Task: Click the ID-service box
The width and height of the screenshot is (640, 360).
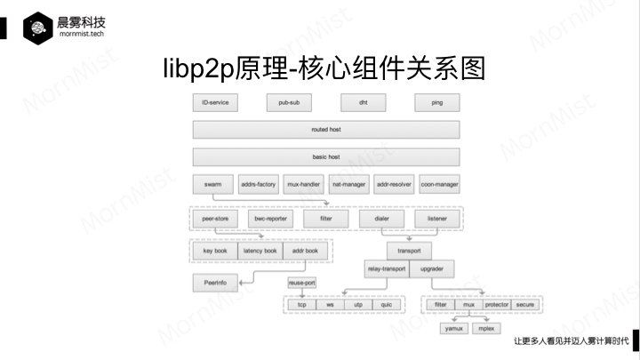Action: pos(215,102)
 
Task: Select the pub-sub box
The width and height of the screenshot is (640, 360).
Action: pos(289,102)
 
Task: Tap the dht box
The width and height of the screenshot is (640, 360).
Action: pos(363,102)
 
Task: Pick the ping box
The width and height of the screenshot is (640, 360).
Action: pos(436,102)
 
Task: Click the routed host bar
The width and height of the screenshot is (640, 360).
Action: pos(326,130)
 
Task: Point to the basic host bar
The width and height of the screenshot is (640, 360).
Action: pos(326,157)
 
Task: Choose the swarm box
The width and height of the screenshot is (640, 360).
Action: pos(212,186)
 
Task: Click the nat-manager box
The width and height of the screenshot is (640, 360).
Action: pos(348,186)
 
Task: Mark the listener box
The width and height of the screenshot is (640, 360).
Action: pos(436,217)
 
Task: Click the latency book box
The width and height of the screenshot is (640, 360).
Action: pos(260,252)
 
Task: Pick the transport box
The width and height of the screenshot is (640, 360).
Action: pos(409,251)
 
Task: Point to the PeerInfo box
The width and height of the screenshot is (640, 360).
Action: pos(215,283)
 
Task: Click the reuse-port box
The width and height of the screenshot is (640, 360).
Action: pos(301,283)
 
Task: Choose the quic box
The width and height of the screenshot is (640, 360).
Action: pos(386,305)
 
